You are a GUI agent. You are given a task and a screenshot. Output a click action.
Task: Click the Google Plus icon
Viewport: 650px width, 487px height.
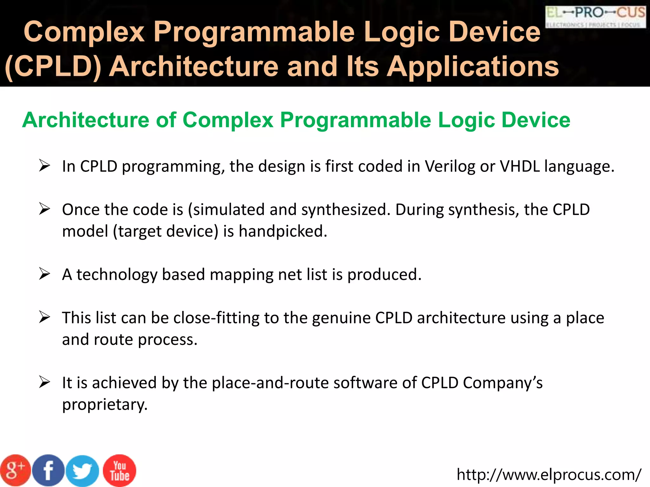(x=15, y=471)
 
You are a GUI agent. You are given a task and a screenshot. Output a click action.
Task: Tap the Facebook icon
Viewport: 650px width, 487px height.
(x=49, y=471)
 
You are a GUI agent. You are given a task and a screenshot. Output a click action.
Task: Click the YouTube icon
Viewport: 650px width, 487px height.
(x=120, y=471)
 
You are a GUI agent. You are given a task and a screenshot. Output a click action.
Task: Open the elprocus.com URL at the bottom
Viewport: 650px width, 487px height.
(x=549, y=475)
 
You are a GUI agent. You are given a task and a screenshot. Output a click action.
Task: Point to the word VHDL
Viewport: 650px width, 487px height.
(x=520, y=166)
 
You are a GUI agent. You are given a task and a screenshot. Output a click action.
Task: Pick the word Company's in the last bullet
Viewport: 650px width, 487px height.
(x=502, y=383)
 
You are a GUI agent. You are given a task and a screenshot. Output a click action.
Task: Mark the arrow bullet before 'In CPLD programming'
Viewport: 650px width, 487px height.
(x=44, y=166)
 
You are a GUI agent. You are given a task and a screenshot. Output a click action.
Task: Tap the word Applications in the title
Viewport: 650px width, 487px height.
(x=473, y=67)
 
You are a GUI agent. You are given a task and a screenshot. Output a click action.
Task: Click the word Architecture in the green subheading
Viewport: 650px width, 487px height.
(x=86, y=120)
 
